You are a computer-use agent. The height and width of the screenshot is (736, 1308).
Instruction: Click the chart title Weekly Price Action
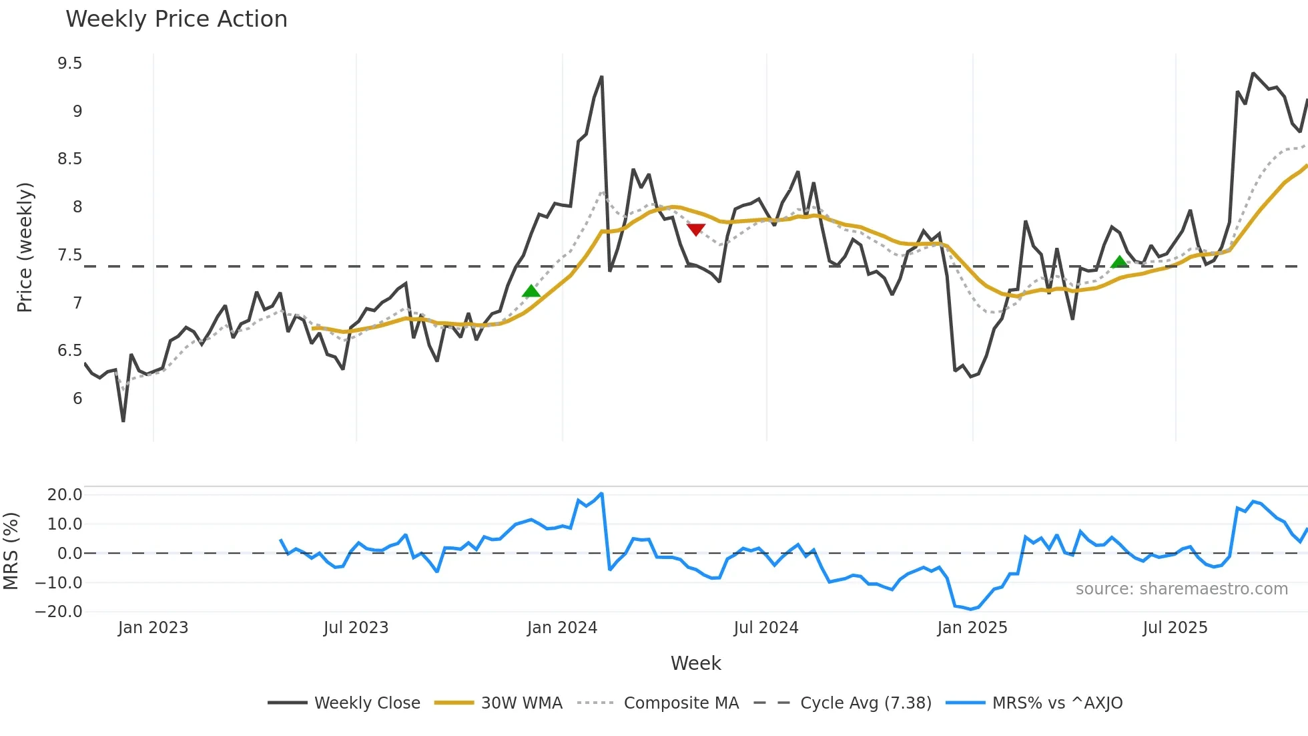point(176,19)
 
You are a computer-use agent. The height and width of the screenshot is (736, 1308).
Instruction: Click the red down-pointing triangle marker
point(695,230)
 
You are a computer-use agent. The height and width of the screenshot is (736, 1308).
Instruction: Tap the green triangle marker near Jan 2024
point(531,291)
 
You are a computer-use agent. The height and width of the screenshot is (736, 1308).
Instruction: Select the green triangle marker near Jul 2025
point(1120,262)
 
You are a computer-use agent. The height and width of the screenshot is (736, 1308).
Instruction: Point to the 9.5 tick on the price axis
point(69,63)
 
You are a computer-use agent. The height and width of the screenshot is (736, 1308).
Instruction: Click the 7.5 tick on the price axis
point(69,255)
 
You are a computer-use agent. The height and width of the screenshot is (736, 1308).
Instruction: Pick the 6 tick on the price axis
point(77,399)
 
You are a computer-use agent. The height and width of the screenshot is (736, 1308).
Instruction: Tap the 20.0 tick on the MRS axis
point(65,495)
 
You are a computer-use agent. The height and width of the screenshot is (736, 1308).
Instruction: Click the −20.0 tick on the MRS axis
point(59,612)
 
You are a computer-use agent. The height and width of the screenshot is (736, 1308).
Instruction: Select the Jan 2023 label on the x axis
point(153,628)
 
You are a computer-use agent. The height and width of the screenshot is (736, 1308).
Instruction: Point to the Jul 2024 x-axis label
point(765,628)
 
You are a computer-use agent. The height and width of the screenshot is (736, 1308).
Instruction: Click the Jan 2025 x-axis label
point(972,628)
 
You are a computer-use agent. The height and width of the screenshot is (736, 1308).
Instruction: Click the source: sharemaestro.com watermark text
point(1181,589)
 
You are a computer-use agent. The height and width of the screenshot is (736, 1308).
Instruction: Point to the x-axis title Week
point(695,663)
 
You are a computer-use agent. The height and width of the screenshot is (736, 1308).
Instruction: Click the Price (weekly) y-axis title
point(25,247)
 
